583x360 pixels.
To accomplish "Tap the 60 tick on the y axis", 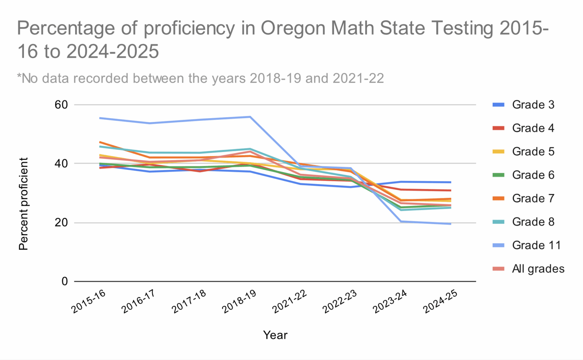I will (x=61, y=105).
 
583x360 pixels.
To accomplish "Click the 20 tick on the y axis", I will (x=61, y=223).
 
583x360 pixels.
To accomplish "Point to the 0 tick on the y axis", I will (x=65, y=281).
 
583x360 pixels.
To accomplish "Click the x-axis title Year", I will (x=275, y=335).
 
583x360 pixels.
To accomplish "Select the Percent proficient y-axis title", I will (x=24, y=204).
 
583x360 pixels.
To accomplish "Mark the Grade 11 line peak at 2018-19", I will (x=250, y=117).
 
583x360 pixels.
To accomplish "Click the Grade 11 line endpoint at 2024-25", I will (x=451, y=224).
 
